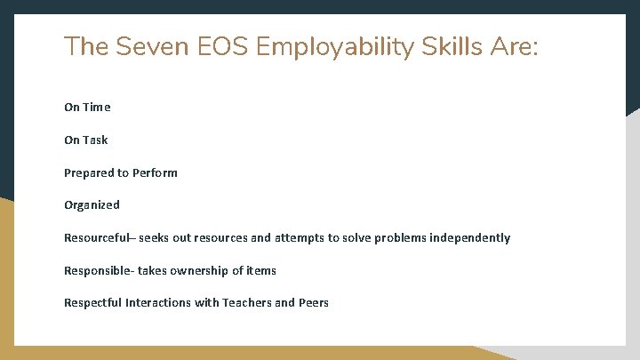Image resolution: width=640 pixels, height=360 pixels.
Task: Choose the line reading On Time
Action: [87, 108]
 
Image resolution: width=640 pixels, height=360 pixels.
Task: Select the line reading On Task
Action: [85, 140]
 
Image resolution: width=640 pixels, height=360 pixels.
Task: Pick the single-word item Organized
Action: [92, 205]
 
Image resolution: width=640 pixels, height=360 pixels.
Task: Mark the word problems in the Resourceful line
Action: [392, 237]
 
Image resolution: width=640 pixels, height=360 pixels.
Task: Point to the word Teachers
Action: [246, 302]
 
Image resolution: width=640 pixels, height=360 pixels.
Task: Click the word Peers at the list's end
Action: [314, 302]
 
